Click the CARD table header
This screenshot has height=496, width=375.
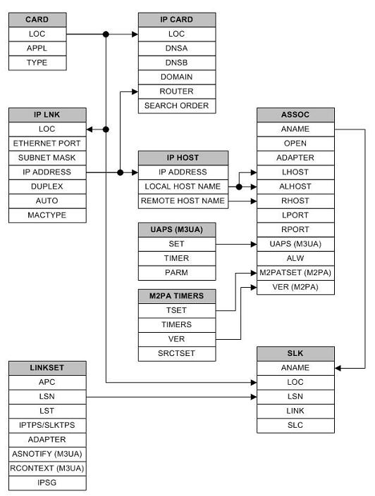point(37,19)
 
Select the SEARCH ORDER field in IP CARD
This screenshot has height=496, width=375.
point(176,106)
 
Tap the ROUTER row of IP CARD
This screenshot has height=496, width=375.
point(176,91)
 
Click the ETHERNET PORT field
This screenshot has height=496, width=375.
point(47,144)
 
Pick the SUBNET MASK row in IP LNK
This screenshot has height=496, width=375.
point(47,158)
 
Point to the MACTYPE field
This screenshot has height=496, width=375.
point(47,215)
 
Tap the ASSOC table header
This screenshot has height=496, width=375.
point(295,115)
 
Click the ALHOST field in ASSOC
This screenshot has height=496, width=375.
point(295,186)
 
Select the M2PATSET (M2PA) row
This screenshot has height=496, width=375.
point(295,273)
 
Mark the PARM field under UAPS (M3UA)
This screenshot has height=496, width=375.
point(176,273)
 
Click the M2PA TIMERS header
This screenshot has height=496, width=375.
point(176,296)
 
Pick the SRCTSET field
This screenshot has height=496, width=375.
point(176,352)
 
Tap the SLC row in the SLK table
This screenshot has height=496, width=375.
point(295,425)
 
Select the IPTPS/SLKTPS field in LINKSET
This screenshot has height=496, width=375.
point(47,425)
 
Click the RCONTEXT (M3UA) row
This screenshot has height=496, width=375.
point(47,469)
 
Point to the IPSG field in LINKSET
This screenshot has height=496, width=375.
point(47,483)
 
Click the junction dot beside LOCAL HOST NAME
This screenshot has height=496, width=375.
point(239,187)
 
